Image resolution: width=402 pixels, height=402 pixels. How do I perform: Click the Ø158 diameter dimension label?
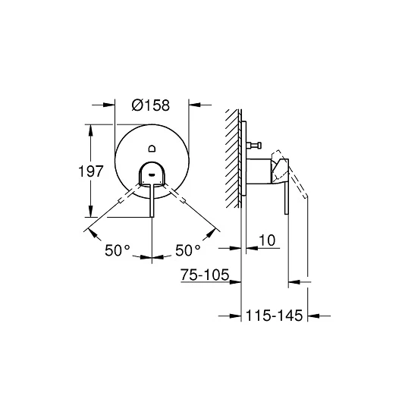click(151, 105)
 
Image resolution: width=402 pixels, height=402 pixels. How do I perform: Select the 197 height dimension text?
click(90, 171)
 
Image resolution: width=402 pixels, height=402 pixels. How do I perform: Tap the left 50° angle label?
click(118, 250)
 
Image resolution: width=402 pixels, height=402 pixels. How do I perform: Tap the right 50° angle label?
click(188, 250)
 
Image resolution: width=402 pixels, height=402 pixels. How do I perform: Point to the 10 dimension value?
click(267, 240)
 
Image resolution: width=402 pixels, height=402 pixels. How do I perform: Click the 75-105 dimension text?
click(205, 275)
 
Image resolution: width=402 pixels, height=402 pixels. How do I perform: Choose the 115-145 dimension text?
click(274, 316)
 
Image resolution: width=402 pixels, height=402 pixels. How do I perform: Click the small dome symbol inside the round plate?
click(152, 148)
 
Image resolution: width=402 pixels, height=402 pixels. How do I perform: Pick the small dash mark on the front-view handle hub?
click(152, 175)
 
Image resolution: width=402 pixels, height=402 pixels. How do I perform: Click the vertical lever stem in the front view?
click(152, 200)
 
